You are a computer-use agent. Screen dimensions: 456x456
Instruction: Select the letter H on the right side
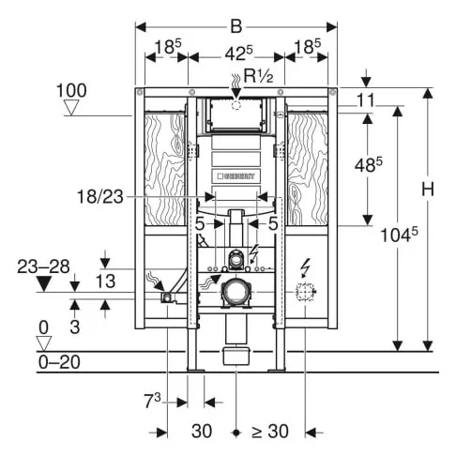click(428, 189)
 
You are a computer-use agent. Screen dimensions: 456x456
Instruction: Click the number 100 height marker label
click(70, 90)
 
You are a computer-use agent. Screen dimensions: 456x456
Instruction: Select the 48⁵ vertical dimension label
click(372, 166)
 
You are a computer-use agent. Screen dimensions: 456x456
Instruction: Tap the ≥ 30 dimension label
click(269, 432)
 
